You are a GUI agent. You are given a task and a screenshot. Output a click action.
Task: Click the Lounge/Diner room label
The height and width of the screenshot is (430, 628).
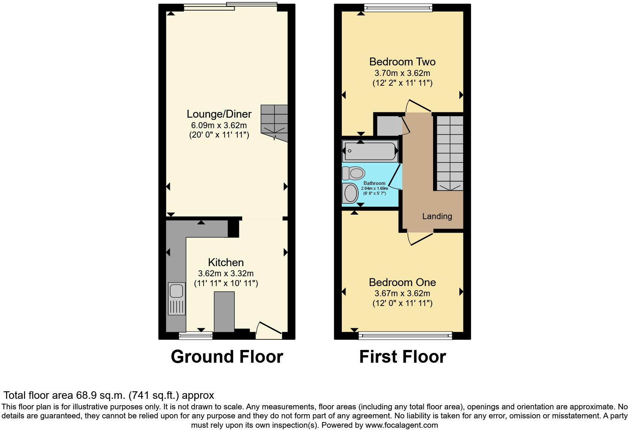click(x=219, y=114)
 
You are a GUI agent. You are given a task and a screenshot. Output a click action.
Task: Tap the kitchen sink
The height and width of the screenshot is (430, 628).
click(x=176, y=291)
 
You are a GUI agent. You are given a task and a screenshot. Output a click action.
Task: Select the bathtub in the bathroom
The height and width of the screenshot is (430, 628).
click(x=370, y=151)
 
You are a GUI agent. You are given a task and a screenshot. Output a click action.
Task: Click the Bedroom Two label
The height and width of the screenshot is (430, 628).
click(x=402, y=62)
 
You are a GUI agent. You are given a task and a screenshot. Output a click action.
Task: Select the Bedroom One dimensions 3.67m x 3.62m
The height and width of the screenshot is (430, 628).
click(x=402, y=294)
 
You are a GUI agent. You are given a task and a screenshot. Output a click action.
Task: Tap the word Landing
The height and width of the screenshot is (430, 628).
click(x=437, y=217)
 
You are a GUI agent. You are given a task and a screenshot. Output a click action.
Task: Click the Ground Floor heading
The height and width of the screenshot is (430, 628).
click(x=226, y=356)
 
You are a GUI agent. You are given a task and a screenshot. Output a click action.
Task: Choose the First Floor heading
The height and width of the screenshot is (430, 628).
click(x=402, y=356)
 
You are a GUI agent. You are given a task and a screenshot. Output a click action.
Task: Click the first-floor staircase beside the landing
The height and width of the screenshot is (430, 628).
click(x=450, y=153)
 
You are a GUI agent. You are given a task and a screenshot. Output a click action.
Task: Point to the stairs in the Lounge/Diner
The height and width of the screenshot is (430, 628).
click(x=274, y=123)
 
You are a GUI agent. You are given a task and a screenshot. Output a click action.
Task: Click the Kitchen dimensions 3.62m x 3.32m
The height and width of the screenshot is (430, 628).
click(x=226, y=274)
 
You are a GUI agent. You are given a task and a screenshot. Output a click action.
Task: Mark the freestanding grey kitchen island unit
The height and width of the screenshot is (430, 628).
click(x=224, y=312)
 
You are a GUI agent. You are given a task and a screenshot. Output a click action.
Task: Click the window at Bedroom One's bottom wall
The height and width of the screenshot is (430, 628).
click(x=405, y=335)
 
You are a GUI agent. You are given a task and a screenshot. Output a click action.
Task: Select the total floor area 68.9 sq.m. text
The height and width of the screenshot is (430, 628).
click(x=109, y=395)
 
